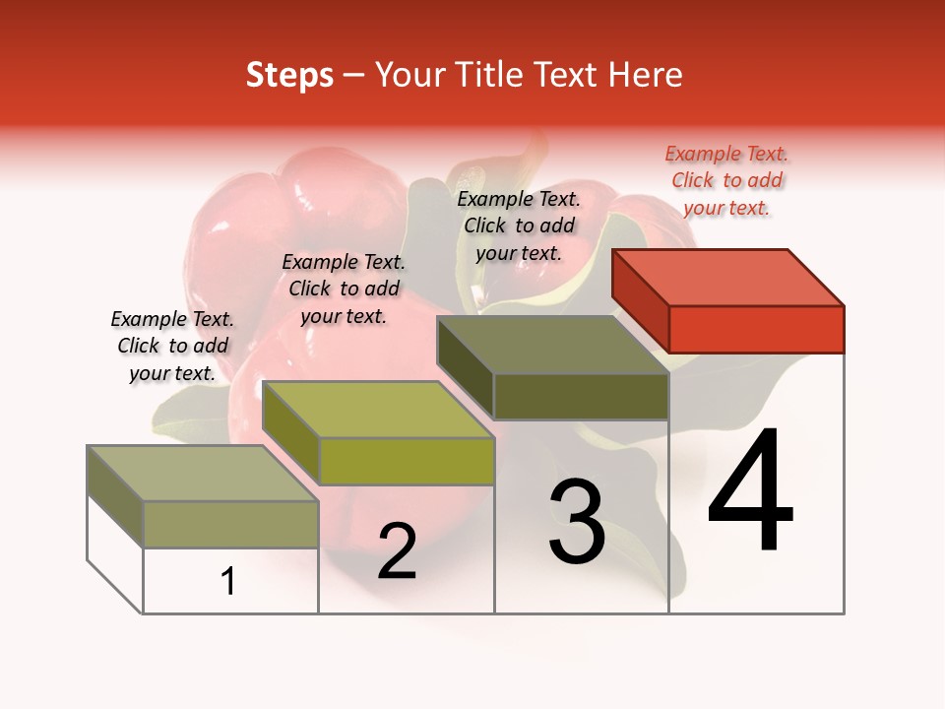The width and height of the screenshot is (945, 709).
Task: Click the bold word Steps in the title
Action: (x=289, y=75)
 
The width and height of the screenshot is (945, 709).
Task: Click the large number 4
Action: (x=750, y=491)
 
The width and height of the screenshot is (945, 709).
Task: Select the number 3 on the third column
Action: (x=577, y=522)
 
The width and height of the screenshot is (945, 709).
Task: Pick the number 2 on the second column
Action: (x=397, y=551)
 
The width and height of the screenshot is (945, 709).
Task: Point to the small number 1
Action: (x=227, y=582)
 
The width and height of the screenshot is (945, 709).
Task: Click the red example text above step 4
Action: (x=726, y=180)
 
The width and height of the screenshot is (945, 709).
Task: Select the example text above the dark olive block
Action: (x=519, y=226)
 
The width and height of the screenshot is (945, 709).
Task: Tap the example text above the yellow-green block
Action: (x=344, y=289)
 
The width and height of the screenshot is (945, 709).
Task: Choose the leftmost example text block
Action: (x=172, y=346)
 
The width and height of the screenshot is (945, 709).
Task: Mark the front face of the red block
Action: (x=756, y=329)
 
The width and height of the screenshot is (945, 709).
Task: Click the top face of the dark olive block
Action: (x=552, y=345)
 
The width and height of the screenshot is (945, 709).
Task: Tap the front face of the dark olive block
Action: (x=581, y=397)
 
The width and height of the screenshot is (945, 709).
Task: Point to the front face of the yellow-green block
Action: (x=407, y=461)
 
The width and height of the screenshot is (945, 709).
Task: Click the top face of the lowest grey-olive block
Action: (x=202, y=474)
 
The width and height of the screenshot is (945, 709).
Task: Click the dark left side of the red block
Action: (x=640, y=299)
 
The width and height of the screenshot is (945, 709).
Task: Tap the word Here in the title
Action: (x=646, y=75)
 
